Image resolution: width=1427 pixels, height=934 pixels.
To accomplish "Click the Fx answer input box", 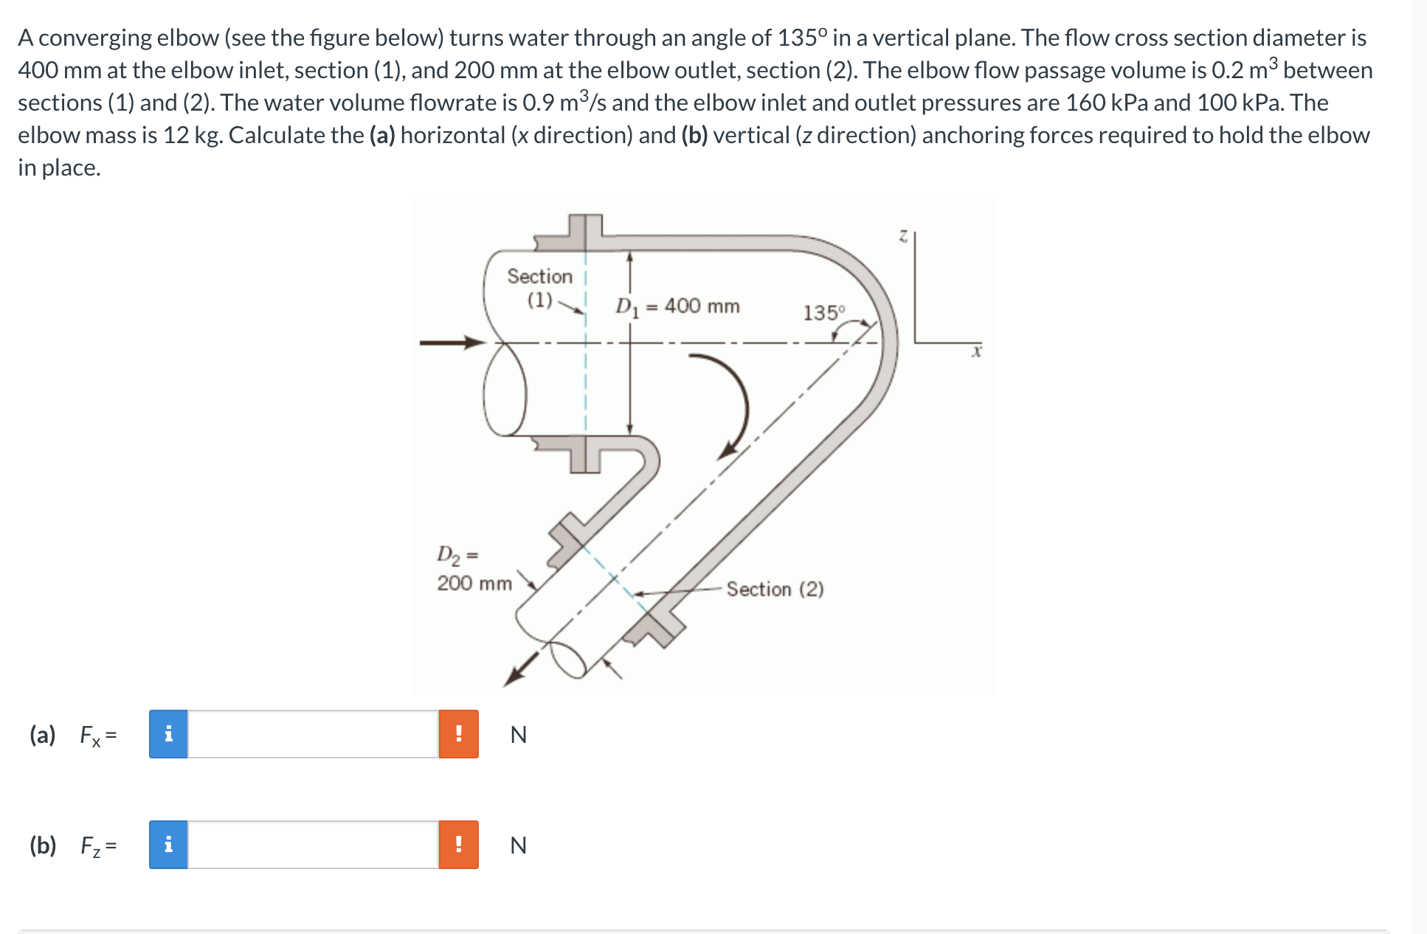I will pos(313,734).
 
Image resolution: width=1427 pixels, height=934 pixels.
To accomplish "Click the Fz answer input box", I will pos(313,845).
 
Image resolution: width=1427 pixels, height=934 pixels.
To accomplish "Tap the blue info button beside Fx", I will pos(168,734).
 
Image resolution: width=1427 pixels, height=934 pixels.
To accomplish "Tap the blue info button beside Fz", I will pos(168,845).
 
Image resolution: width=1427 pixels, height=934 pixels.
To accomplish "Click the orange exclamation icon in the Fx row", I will pos(458,734).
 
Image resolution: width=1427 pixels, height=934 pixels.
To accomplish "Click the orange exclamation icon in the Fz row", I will pos(458,845).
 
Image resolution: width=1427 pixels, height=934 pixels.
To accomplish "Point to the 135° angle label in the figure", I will pos(823,313).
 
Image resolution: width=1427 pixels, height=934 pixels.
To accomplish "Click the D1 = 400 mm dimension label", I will pos(677,306).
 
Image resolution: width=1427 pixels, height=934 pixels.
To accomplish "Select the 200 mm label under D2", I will pos(474,584).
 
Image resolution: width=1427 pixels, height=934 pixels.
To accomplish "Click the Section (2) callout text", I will pos(775,589).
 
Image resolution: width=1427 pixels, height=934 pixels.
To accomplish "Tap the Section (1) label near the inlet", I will pos(539,288).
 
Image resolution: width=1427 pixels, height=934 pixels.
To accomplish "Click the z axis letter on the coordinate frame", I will pos(902,236).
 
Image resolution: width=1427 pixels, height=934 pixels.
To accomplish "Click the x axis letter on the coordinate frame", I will pos(976,353).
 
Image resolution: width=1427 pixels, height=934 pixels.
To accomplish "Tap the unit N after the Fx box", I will pos(518,735).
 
